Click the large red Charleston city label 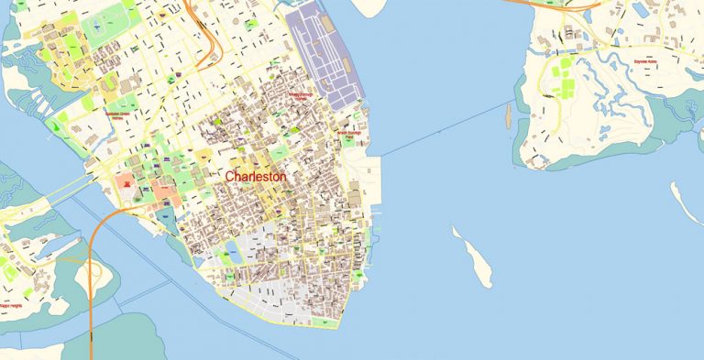click(256, 176)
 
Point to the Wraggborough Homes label click(302, 94)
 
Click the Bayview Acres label click(645, 62)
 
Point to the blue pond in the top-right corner click(641, 10)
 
